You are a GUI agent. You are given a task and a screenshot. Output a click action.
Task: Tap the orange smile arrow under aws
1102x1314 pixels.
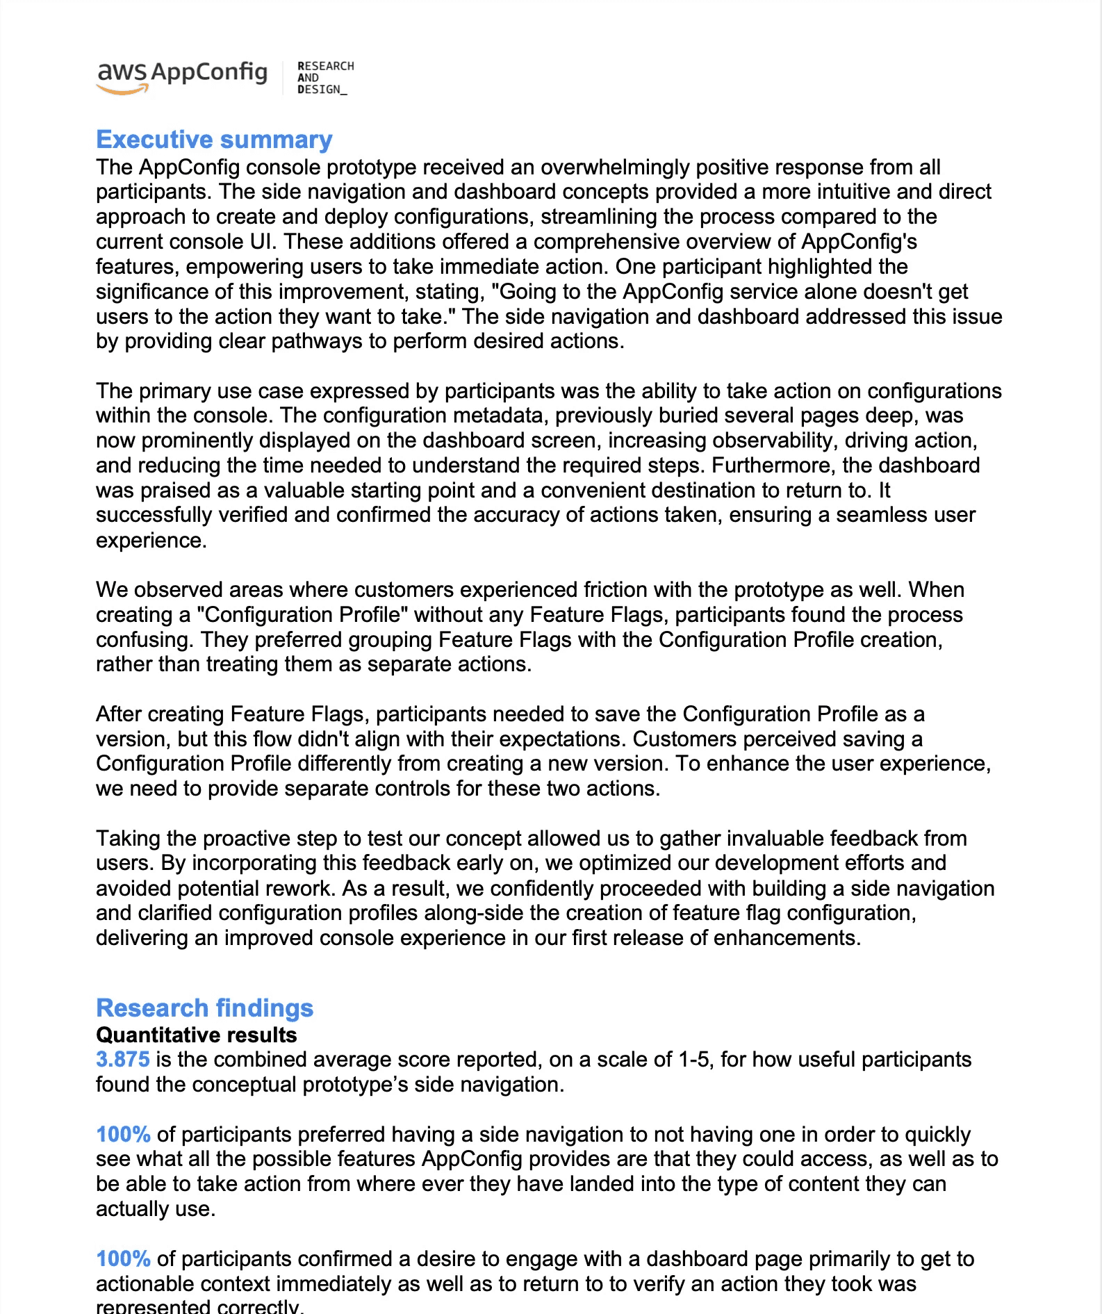click(123, 90)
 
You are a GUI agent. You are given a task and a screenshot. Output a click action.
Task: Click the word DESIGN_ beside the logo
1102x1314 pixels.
click(322, 90)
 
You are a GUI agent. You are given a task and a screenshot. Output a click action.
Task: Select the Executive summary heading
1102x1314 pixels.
click(214, 140)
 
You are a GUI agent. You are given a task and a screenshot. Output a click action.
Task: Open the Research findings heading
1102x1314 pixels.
click(204, 1008)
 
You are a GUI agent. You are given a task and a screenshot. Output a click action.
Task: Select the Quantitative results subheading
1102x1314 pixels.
click(196, 1035)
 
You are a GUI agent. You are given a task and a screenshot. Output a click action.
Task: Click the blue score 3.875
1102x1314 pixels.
click(123, 1060)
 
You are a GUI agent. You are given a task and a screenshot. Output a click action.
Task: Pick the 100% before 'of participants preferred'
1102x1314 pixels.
click(123, 1135)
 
